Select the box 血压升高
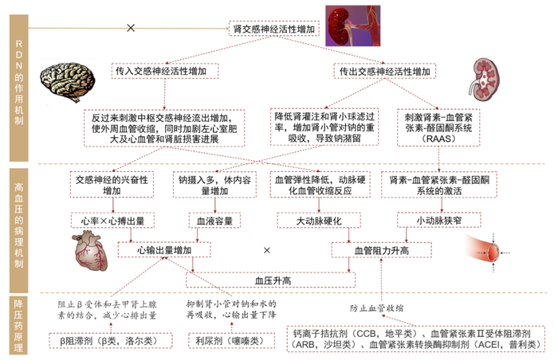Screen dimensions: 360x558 (272, 280)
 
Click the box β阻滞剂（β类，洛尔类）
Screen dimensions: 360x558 (104, 339)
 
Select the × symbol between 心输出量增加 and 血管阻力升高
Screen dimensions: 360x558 (267, 250)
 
